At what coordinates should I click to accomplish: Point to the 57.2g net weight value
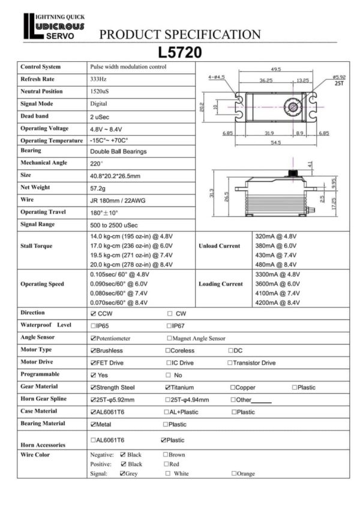click(98, 187)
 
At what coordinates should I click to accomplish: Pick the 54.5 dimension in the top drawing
click(276, 143)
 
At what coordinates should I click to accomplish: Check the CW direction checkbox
click(170, 313)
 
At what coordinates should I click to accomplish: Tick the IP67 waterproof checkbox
click(169, 325)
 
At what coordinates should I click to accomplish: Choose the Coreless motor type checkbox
click(168, 350)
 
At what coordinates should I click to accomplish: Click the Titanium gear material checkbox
click(167, 387)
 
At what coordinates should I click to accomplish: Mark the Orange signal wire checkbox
click(234, 474)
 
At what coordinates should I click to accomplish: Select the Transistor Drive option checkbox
click(229, 363)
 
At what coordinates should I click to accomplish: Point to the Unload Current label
click(219, 246)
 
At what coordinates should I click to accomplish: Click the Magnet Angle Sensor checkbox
click(169, 339)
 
